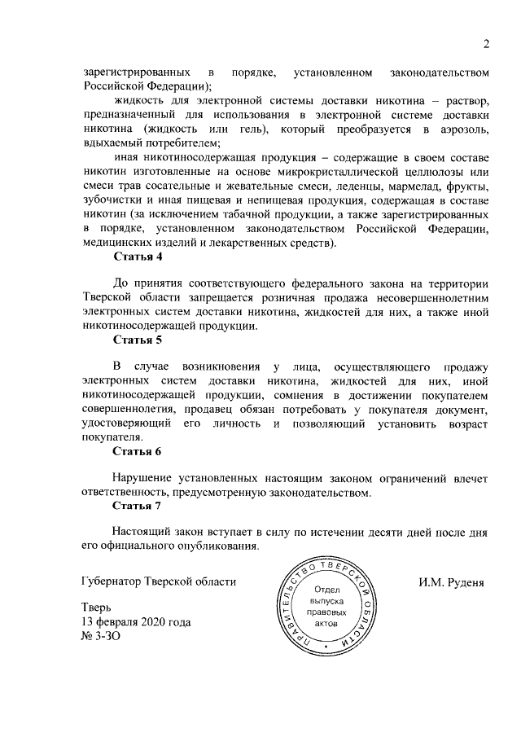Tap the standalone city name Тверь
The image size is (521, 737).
tap(98, 608)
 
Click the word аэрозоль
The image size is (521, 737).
tap(459, 130)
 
